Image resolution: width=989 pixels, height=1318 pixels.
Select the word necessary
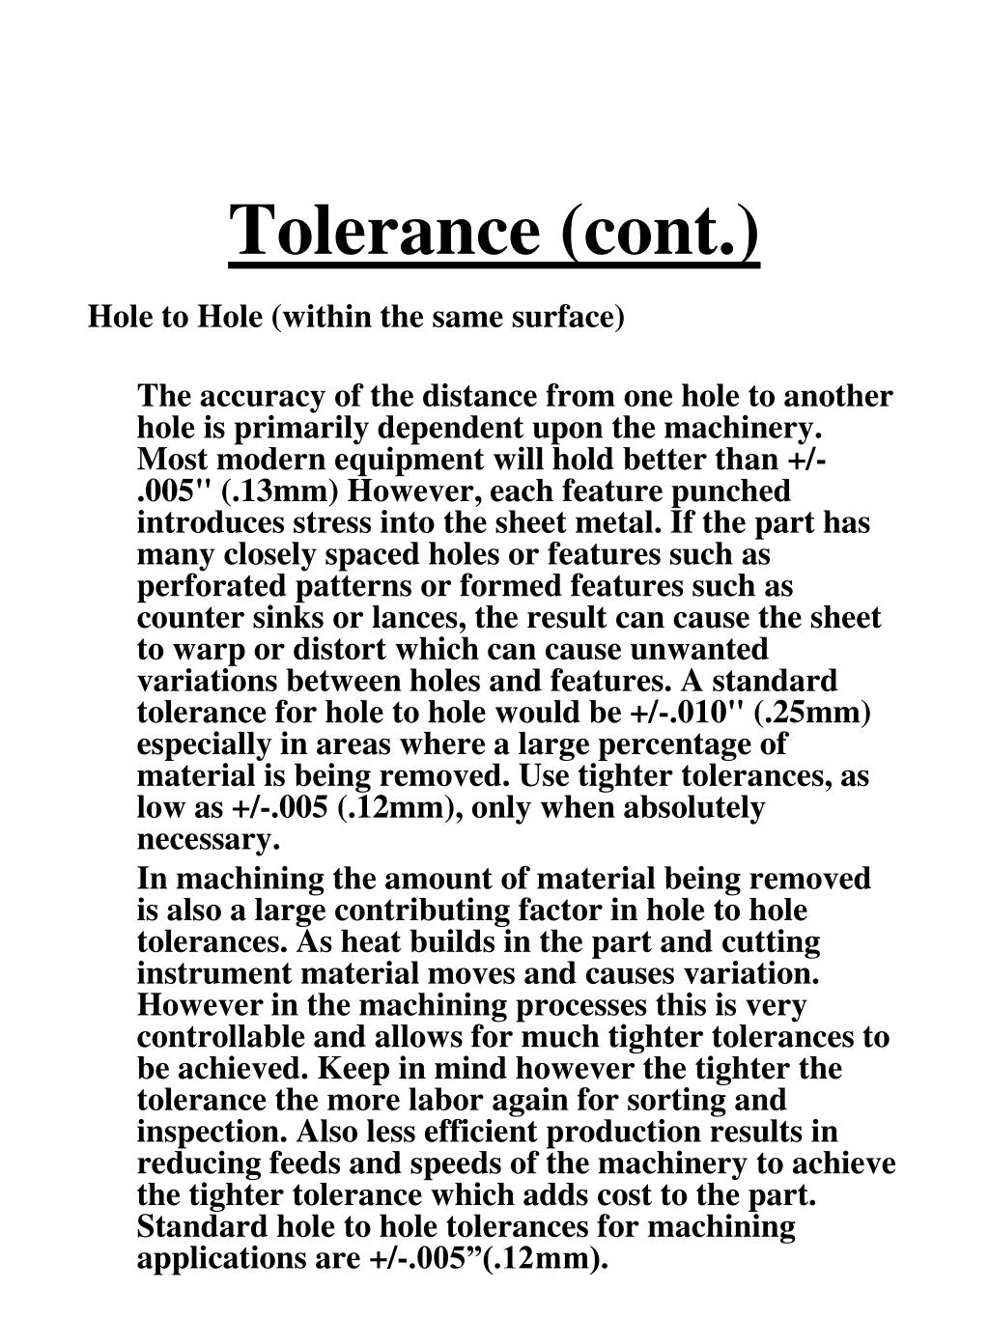click(x=208, y=839)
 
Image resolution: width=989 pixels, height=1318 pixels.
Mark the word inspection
click(x=212, y=1132)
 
